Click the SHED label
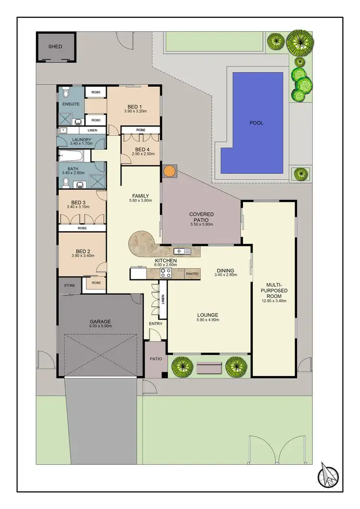56,47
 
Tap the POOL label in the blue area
256,123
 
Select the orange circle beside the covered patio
169,171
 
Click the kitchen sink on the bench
182,251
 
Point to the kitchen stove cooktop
166,273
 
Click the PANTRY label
192,273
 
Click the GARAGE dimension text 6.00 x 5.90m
100,326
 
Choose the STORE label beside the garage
70,285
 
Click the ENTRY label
156,324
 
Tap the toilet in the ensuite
67,91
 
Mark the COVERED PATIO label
201,216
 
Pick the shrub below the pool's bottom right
300,173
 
